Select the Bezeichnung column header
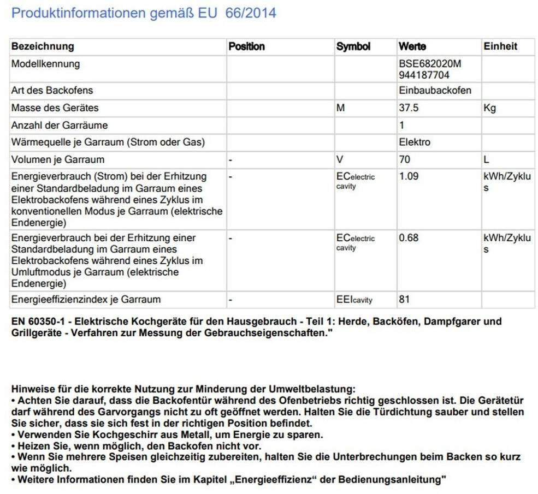(43, 46)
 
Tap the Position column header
(246, 46)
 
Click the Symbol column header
(353, 46)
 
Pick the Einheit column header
(500, 46)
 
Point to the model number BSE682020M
(430, 64)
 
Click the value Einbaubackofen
(435, 90)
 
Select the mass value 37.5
(409, 108)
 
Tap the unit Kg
(489, 108)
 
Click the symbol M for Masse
(341, 108)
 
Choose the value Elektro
(415, 142)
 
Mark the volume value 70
(405, 159)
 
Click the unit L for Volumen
(487, 159)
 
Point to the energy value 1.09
(409, 177)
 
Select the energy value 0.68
(409, 238)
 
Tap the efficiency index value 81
(405, 299)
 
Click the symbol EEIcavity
(354, 299)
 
